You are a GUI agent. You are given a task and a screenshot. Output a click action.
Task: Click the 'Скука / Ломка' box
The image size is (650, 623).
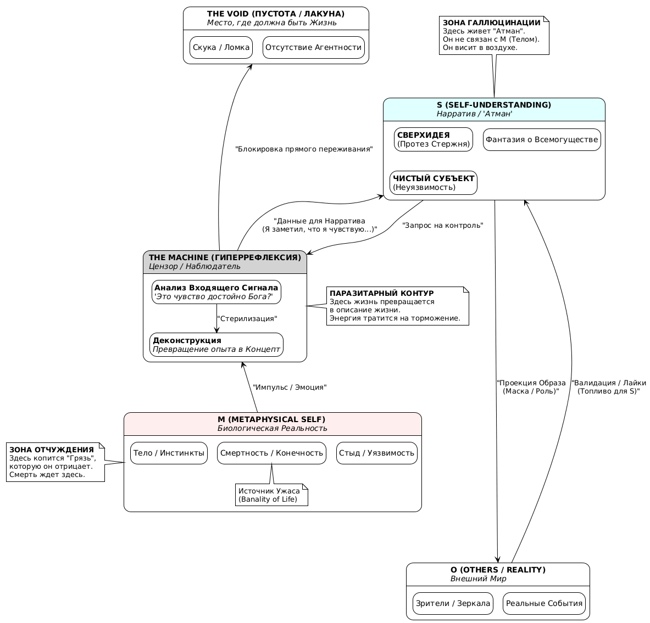[221, 47]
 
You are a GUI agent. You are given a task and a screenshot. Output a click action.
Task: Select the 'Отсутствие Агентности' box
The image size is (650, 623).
[314, 47]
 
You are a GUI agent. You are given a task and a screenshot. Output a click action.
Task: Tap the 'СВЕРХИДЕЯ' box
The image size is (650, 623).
[434, 139]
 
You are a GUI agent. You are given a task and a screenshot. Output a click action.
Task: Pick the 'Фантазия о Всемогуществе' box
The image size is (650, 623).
[542, 139]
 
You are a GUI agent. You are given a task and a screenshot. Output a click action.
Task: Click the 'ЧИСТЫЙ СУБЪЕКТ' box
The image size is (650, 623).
[434, 183]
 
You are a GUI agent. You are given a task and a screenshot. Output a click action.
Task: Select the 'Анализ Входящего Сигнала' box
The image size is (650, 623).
[216, 292]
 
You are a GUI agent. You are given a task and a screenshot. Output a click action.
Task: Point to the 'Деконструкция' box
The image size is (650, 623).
[216, 345]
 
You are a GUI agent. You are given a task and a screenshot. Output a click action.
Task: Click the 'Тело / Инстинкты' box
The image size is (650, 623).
[169, 453]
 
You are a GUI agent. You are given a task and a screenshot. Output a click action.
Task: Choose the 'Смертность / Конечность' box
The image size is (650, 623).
[272, 453]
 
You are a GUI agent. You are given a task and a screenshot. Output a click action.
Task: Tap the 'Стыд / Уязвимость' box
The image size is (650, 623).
[377, 453]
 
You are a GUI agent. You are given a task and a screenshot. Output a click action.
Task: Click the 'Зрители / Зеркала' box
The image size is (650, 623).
[453, 603]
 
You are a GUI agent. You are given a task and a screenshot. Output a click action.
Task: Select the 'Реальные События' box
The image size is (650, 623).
[544, 603]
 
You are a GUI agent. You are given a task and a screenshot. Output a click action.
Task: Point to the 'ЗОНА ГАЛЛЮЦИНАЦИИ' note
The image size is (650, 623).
[494, 36]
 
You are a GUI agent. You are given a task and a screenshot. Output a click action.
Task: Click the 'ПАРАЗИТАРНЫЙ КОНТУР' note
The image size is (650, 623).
[397, 306]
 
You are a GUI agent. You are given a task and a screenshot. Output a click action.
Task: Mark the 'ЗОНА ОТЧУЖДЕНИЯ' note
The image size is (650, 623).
[55, 462]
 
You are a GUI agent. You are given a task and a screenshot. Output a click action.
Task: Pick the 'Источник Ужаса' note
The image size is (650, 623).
[271, 495]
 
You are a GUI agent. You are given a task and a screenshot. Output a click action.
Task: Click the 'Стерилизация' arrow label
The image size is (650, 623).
[247, 318]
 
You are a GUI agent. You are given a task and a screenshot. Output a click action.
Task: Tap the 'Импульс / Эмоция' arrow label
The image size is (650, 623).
[290, 387]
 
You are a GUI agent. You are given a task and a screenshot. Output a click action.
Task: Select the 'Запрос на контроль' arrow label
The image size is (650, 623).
[443, 225]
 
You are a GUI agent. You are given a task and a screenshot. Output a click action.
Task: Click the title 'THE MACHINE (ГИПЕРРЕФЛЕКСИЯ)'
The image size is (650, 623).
[225, 257]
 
